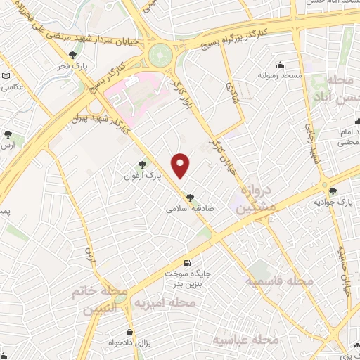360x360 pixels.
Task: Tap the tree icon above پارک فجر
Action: (x=73, y=56)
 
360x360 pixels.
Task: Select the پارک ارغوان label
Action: (x=148, y=174)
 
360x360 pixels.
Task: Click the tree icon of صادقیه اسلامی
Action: (x=190, y=198)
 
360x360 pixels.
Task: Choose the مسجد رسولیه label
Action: (x=278, y=75)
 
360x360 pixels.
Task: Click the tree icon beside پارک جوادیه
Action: (x=333, y=191)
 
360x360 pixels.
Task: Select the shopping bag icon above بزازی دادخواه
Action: (x=129, y=332)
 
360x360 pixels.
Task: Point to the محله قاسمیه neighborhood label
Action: (x=279, y=281)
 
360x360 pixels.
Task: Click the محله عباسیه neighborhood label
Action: (x=246, y=340)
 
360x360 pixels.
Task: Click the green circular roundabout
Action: (x=161, y=53)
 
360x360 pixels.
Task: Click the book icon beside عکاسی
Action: (x=6, y=76)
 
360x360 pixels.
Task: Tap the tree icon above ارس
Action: (x=8, y=134)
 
